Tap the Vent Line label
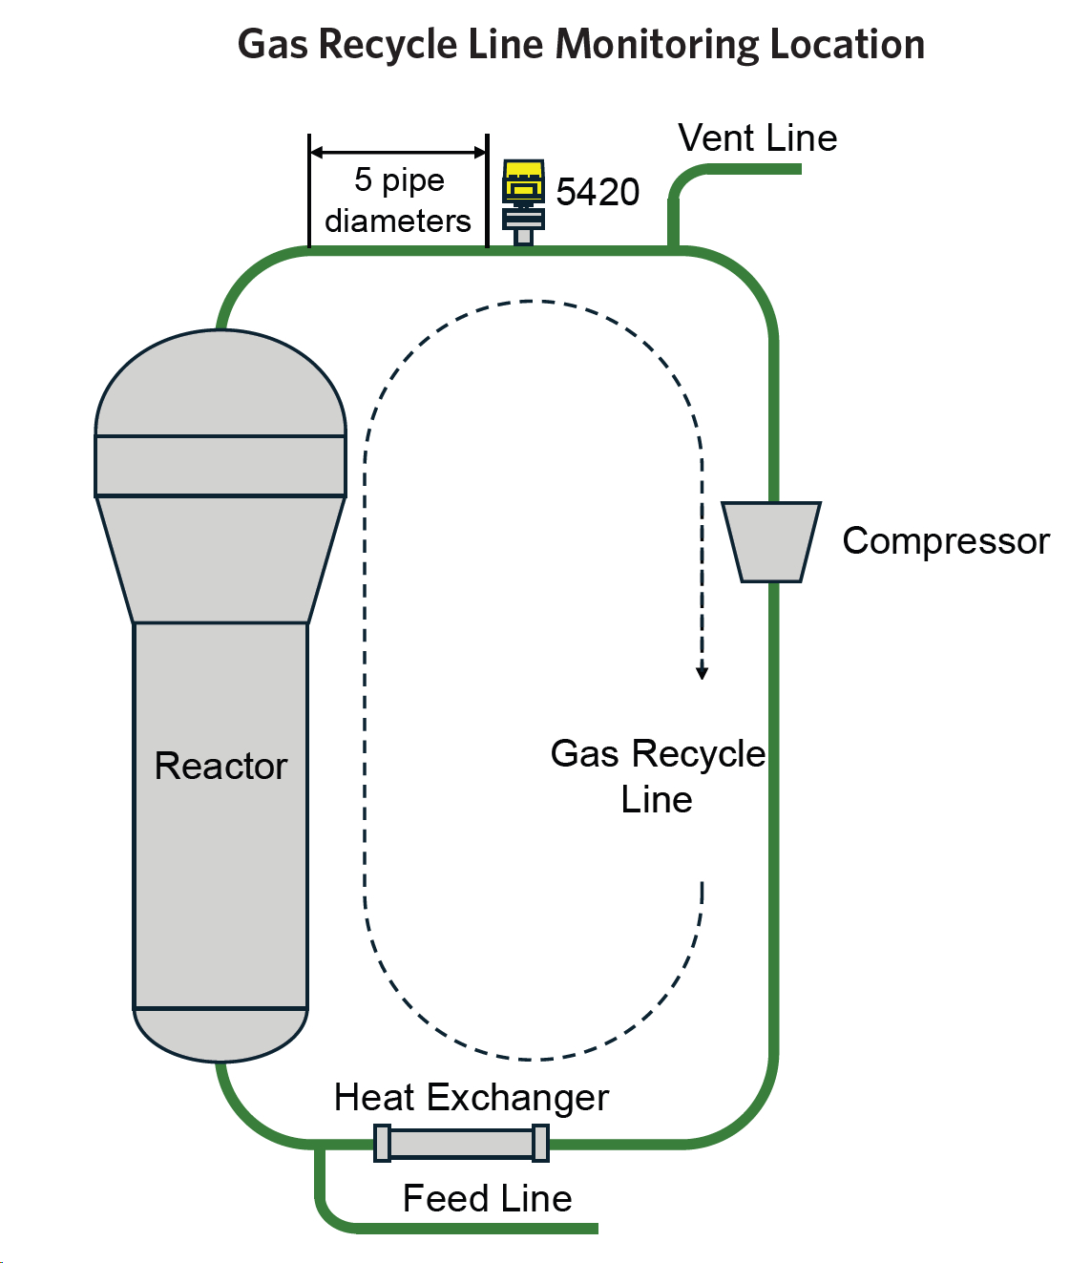coord(757,138)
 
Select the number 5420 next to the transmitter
coord(598,192)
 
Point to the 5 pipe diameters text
coord(398,200)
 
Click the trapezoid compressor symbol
coord(771,541)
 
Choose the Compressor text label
coord(945,541)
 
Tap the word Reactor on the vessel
coord(220,767)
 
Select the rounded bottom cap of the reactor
coord(220,1034)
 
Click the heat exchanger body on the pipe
coord(461,1143)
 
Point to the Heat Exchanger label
coord(471,1098)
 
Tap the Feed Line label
coord(487,1199)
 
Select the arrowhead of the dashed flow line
coord(703,672)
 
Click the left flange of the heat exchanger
coord(382,1143)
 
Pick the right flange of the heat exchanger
coord(540,1143)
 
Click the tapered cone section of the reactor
coord(220,559)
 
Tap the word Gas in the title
coord(272,45)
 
